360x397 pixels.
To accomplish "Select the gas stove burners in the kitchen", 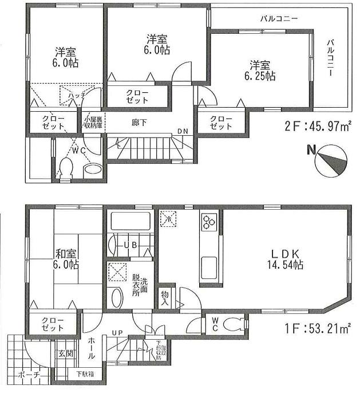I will (207, 221).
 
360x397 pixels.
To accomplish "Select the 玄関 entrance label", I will (65, 353).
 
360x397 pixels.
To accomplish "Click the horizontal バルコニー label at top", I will (279, 19).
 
